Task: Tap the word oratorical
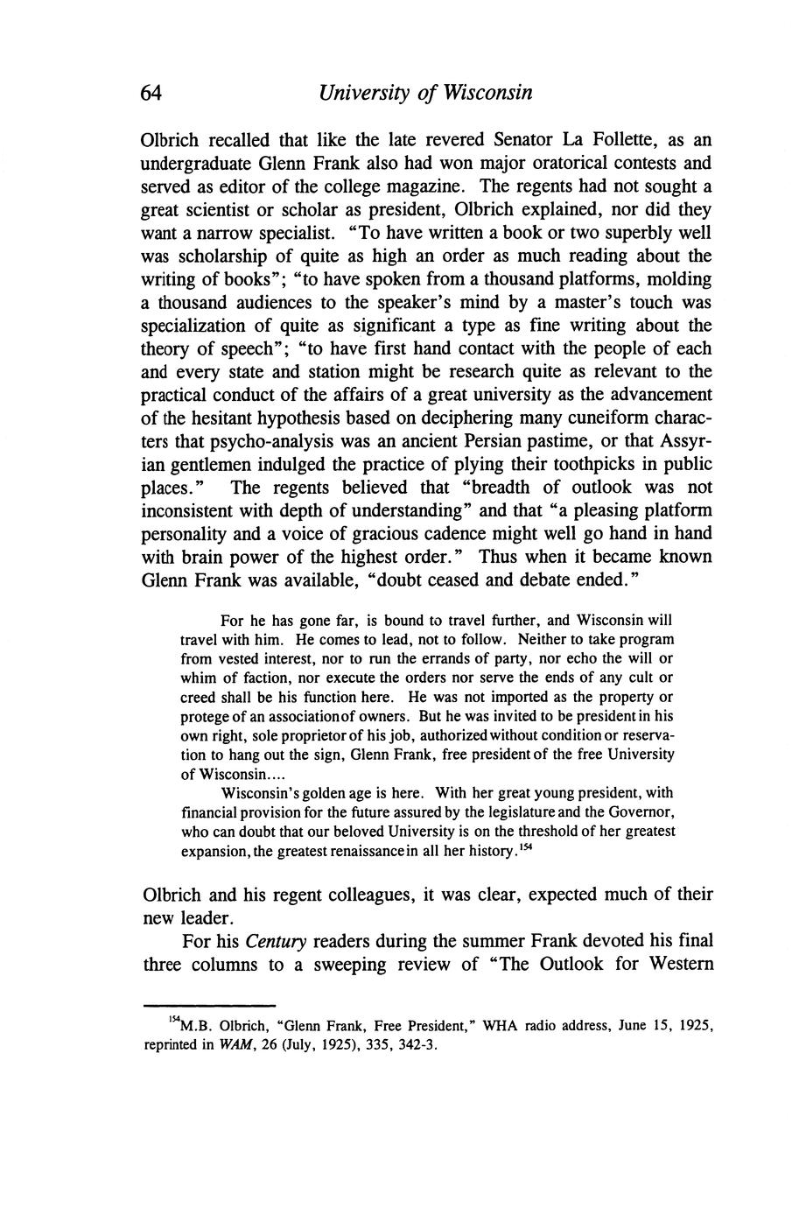(x=542, y=163)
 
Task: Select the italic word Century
(x=275, y=942)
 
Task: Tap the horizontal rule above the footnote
(x=208, y=1006)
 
